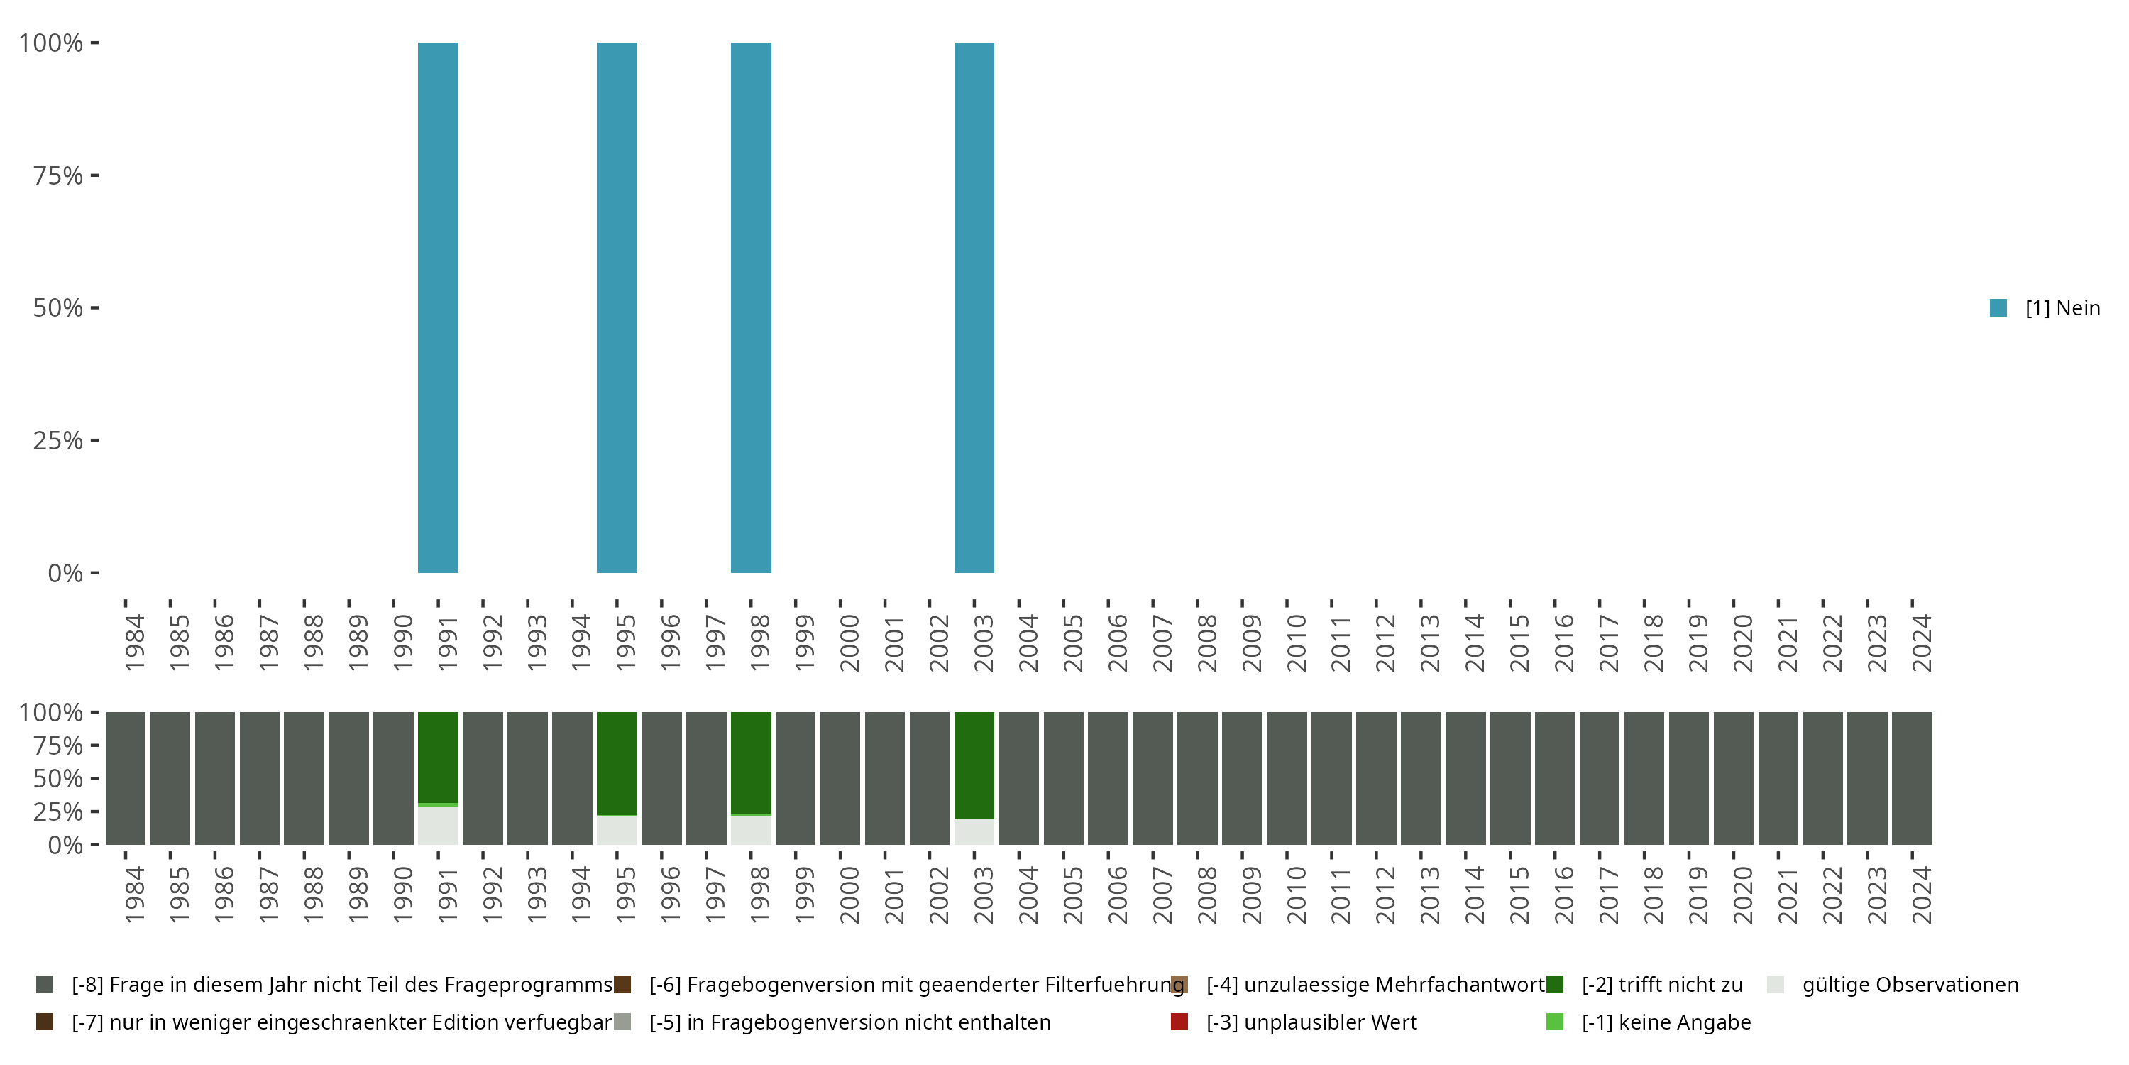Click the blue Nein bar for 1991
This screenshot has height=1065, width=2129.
coord(438,307)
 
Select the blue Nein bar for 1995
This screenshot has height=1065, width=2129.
coord(617,307)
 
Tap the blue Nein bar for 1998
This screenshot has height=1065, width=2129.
coord(750,307)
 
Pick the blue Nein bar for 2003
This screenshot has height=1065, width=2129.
coord(974,307)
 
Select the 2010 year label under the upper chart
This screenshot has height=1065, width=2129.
coord(1296,643)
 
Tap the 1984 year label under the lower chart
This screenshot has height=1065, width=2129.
coord(134,895)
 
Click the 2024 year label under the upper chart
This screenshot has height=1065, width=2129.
coord(1922,643)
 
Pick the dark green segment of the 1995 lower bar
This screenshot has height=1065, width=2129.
coord(617,763)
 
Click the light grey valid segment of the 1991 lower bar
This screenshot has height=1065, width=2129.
coord(438,825)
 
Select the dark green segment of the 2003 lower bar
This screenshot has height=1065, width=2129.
coord(974,765)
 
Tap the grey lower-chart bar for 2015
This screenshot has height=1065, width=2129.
coord(1510,778)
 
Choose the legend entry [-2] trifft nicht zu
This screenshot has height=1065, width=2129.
coord(1661,985)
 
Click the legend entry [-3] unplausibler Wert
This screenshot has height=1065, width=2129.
coord(1311,1022)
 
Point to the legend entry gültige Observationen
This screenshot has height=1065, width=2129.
coord(1909,985)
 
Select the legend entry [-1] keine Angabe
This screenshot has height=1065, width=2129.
coord(1666,1022)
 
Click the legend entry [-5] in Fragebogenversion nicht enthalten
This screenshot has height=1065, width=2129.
coord(849,1022)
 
